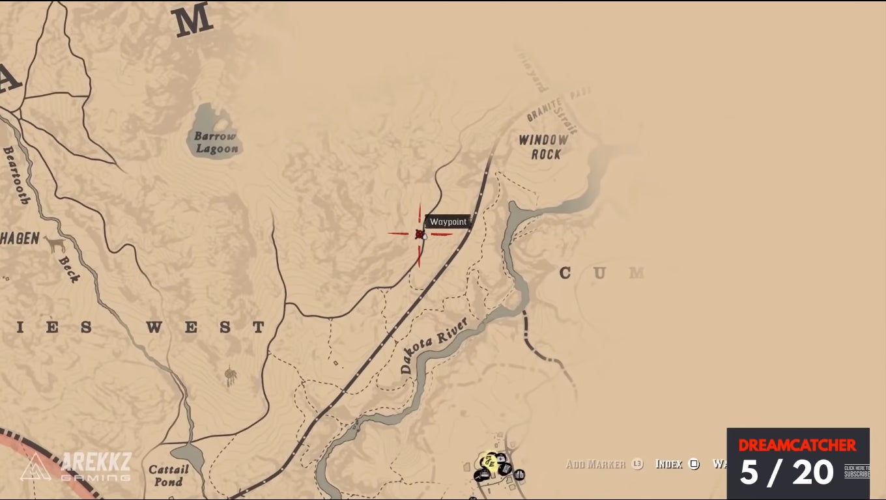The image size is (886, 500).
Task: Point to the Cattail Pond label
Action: pos(168,475)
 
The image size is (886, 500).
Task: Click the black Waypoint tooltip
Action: pos(448,222)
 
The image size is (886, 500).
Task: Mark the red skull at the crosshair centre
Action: pos(420,234)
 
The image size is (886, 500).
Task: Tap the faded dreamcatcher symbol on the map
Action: pos(230,376)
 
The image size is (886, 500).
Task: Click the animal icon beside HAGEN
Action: pos(55,243)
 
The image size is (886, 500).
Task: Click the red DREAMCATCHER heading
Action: pos(797,445)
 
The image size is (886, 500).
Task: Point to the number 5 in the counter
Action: pos(749,472)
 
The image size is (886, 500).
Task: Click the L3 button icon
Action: pos(637,464)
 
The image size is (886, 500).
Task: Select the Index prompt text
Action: pos(668,464)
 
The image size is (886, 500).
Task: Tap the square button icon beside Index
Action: pos(694,464)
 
